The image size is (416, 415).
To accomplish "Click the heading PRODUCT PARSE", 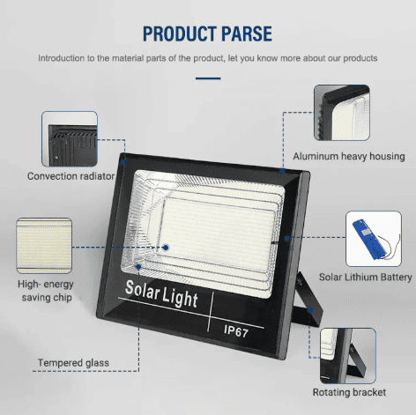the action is coord(207,33).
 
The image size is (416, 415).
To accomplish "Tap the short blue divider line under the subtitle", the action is coord(208,78).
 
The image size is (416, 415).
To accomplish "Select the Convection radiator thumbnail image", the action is coord(70,139).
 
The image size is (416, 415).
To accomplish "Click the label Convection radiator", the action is coord(71,176).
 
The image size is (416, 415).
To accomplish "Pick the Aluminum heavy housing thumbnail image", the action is coord(342,113).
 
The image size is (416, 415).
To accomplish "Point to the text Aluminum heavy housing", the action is coord(349,156).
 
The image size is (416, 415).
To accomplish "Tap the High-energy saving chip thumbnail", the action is coord(44,246).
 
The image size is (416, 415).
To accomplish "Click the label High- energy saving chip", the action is coord(46,291).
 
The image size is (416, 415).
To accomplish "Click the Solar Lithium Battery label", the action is coord(366,278).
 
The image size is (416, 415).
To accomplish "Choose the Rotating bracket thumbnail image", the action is coord(348,356).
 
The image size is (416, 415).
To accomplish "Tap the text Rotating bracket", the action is coord(349,392).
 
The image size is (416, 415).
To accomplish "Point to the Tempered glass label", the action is coord(73,363).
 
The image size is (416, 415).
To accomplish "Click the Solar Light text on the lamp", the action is coord(161,294).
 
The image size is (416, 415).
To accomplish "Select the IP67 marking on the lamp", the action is coord(236,331).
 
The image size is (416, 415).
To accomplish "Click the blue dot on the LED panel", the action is coord(166,248).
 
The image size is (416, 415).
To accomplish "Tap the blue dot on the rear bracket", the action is coord(310,310).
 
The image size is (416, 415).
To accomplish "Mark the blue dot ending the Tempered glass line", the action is coord(138,267).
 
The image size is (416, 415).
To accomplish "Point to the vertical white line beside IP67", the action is coord(211,312).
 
